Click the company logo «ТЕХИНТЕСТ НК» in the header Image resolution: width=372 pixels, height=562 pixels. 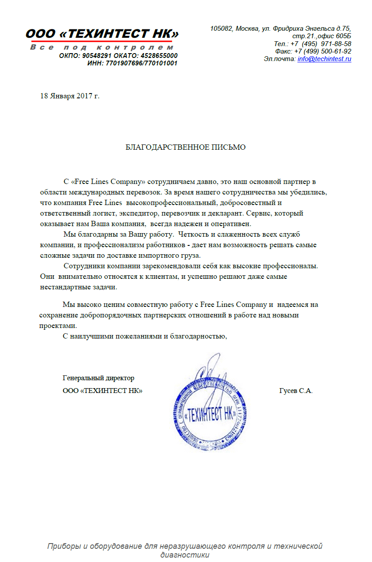coord(102,34)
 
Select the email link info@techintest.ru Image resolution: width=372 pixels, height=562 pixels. coord(324,59)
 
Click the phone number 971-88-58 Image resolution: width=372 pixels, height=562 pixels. coord(336,44)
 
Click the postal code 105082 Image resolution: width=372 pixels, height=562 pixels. coord(221,29)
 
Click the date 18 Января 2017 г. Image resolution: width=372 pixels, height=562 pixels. coord(70,96)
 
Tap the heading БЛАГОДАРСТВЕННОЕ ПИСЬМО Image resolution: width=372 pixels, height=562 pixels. coord(186,147)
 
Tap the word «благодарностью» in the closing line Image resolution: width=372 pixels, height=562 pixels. coord(200,336)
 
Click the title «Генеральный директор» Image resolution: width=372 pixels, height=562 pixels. coord(99,378)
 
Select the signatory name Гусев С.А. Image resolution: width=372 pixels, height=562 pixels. coord(296,391)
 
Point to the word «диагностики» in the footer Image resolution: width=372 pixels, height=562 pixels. coord(185,555)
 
